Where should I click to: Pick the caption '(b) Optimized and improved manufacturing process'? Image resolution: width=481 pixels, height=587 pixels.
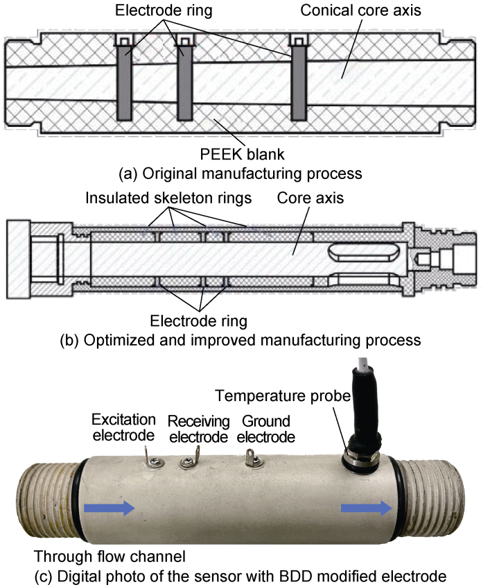tap(240, 340)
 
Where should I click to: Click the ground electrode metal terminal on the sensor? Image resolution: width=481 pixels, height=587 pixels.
tap(252, 459)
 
